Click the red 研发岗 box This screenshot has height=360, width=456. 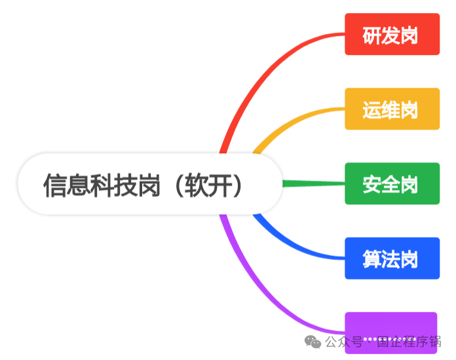coord(392,34)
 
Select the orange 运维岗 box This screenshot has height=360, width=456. coord(392,109)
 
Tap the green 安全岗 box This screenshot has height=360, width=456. coord(392,184)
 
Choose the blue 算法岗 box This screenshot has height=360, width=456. coord(392,259)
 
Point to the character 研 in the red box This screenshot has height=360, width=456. coord(372,34)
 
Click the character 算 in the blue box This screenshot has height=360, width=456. coord(372,259)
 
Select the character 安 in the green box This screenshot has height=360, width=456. coord(372,184)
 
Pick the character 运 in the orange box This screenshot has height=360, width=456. coord(372,109)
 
